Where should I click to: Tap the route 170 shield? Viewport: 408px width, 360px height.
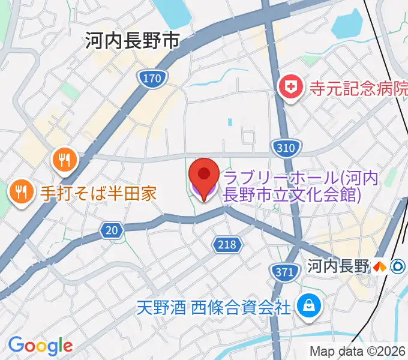tap(152, 77)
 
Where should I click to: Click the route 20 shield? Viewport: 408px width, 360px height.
tap(112, 230)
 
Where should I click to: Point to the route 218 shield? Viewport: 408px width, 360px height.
tap(227, 244)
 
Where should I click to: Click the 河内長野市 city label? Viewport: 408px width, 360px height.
tap(133, 41)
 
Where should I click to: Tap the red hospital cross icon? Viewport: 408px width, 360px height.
tap(291, 88)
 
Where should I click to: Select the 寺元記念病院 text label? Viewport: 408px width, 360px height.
tap(358, 89)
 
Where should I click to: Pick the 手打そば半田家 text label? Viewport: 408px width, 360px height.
tap(98, 193)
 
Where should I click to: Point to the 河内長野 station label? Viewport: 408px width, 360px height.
tap(338, 266)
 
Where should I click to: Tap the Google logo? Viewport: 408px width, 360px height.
tap(40, 345)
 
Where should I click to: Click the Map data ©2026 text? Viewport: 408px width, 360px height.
tap(358, 352)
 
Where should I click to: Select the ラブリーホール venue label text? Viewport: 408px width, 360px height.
tap(291, 186)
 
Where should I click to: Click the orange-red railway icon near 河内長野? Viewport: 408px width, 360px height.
tap(379, 266)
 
